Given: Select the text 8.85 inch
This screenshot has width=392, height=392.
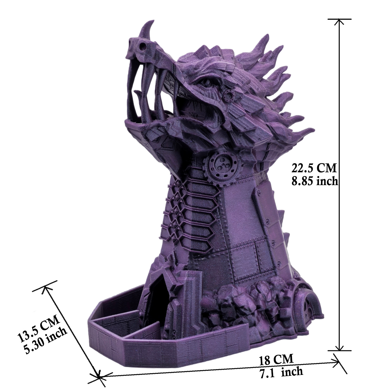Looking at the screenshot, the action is tap(314, 180).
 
